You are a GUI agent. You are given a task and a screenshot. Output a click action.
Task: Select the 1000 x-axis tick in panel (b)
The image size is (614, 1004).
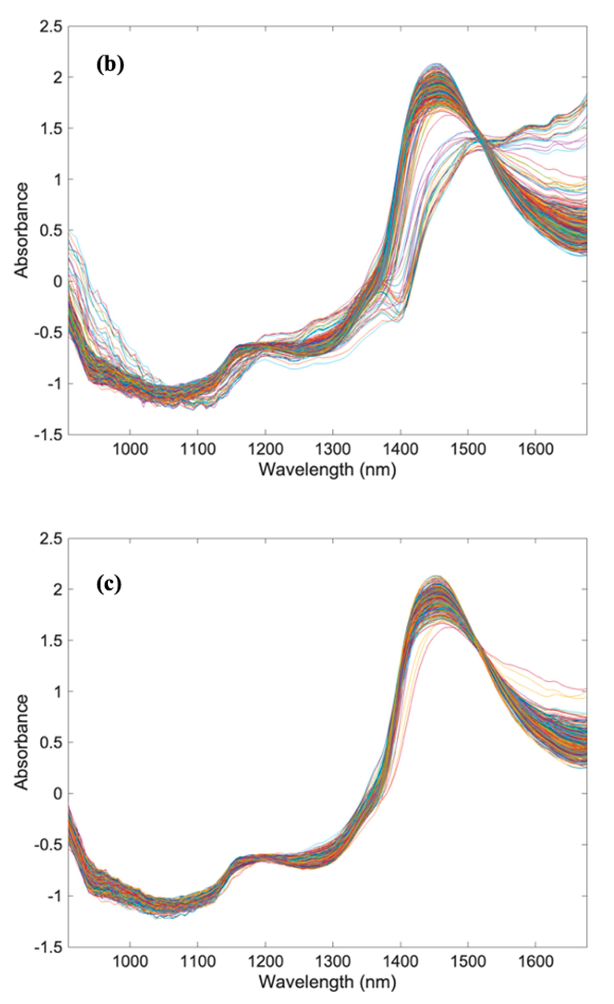point(130,449)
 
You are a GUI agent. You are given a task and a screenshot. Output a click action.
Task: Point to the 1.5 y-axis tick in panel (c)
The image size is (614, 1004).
point(51,641)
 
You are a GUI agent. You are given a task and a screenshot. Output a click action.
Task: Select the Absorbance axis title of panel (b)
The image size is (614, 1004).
point(22,231)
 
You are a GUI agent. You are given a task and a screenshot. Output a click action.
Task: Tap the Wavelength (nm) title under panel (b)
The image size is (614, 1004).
point(327,470)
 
